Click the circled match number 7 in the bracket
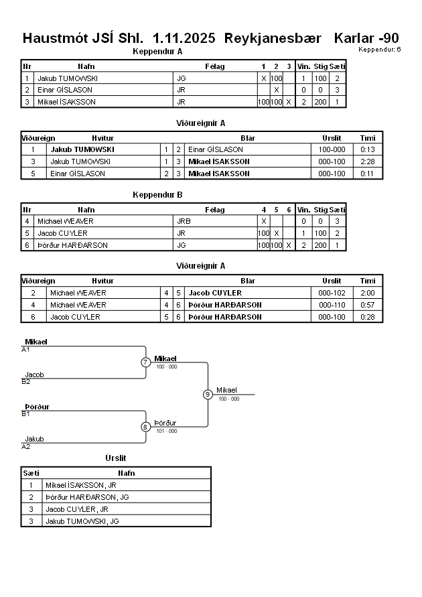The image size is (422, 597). pos(145,362)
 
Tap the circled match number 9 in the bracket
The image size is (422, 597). pos(208,394)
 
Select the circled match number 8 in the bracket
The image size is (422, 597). pos(145,427)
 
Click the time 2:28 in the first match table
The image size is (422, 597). pos(367,161)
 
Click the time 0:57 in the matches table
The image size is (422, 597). pos(367,305)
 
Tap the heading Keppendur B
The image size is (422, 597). pos(158,196)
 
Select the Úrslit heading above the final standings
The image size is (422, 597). pos(116,458)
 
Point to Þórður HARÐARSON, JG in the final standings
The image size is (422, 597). pos(87,497)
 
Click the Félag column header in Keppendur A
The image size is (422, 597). pos(215,66)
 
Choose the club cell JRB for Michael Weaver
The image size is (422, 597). pos(184,221)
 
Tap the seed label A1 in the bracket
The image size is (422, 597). pos(26,350)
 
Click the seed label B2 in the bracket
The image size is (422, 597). pos(26,382)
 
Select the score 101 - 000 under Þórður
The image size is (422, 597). pos(166,431)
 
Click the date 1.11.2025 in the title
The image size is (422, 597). pos(184,38)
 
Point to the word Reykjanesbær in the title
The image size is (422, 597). pos(274,38)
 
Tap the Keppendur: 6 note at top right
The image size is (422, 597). pos(379,50)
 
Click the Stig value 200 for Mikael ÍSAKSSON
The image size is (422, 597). pos(321,102)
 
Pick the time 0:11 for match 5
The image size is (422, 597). pos(367,174)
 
